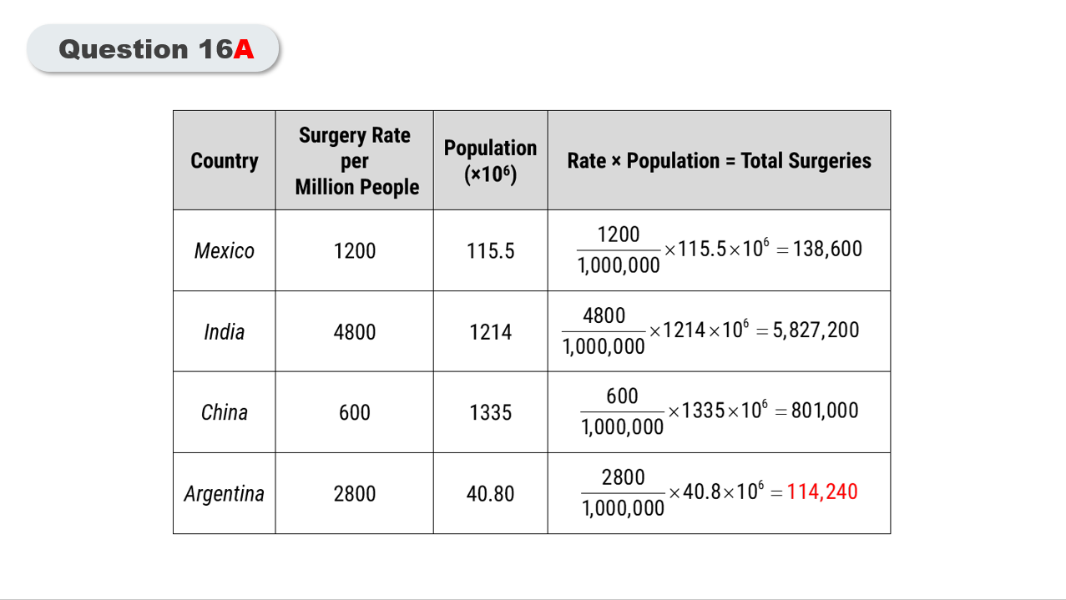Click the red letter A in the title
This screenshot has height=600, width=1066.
(x=244, y=50)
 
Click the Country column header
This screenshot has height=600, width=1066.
(x=224, y=160)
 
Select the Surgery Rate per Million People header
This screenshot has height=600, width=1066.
(x=355, y=161)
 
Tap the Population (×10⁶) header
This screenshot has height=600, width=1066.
(x=490, y=160)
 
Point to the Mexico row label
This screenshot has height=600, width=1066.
(x=224, y=250)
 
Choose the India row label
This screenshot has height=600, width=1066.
(x=224, y=332)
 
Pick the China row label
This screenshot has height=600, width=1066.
(x=224, y=412)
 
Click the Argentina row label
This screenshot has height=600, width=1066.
(x=224, y=494)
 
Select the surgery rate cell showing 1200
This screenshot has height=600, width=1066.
(x=355, y=250)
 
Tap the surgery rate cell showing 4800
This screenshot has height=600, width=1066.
(x=355, y=332)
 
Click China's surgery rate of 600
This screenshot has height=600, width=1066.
(x=355, y=412)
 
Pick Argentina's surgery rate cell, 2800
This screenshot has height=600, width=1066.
(x=355, y=494)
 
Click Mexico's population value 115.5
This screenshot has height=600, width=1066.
(x=490, y=250)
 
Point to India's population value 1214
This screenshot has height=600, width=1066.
(x=490, y=332)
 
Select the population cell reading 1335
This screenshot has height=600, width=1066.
(x=490, y=412)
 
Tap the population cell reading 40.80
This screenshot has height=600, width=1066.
(x=490, y=494)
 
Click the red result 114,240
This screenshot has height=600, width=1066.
(x=822, y=492)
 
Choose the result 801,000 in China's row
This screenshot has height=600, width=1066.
(x=825, y=411)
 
